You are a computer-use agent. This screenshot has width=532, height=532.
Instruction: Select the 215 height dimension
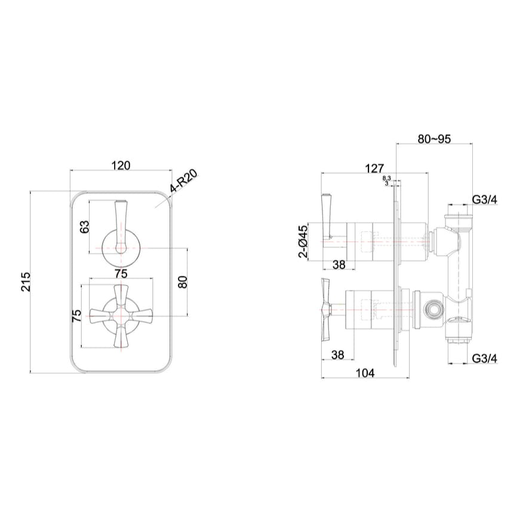[x=25, y=282]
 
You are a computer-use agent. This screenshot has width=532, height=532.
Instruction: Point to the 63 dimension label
[x=85, y=227]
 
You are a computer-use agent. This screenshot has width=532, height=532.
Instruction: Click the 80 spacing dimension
[x=184, y=282]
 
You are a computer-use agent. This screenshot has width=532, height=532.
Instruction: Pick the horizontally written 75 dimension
[x=121, y=274]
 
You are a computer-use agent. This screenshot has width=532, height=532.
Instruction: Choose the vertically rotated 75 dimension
[x=77, y=316]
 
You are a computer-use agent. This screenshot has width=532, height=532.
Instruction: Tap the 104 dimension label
[x=365, y=373]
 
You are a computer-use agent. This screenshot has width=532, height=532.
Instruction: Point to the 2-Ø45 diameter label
[x=303, y=242]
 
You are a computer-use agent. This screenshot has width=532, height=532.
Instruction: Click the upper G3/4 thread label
[x=484, y=200]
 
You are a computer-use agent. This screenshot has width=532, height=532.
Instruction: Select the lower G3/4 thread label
[x=484, y=358]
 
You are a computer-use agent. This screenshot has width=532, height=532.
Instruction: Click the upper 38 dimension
[x=338, y=265]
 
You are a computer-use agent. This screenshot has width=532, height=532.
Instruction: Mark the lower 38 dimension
[x=337, y=355]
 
